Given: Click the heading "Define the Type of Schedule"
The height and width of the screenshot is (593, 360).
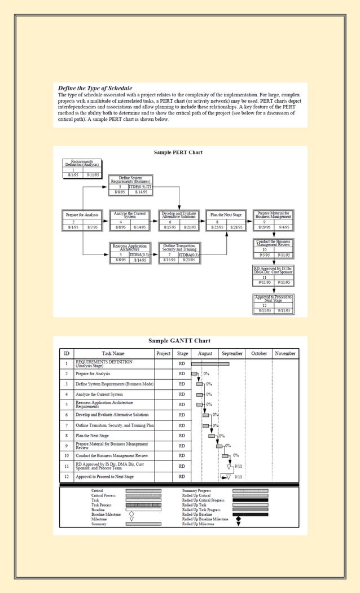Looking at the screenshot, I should [x=95, y=88].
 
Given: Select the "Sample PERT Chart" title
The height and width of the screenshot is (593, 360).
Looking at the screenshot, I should [x=178, y=152].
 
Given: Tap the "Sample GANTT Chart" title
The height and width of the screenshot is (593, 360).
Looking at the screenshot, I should [x=179, y=341].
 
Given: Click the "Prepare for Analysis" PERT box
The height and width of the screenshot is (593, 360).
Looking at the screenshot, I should [x=82, y=220].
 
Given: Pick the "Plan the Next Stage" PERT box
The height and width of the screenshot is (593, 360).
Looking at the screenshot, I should [x=226, y=220].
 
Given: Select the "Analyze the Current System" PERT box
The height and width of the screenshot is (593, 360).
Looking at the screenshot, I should [x=130, y=220].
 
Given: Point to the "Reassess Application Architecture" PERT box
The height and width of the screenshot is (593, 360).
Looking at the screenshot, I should [x=130, y=253].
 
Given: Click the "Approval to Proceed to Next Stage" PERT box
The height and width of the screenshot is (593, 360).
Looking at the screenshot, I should [x=273, y=304].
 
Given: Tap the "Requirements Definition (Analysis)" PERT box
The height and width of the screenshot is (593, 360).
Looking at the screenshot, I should [x=82, y=168].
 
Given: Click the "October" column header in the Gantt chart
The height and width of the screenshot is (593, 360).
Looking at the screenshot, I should [x=259, y=354].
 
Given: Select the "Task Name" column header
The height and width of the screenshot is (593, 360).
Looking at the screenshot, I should [x=113, y=354].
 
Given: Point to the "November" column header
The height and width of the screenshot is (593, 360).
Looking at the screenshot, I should [x=285, y=354].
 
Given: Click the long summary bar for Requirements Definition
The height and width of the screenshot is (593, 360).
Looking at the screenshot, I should [x=210, y=364].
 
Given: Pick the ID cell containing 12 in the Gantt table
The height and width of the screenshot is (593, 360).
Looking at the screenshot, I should [x=66, y=477].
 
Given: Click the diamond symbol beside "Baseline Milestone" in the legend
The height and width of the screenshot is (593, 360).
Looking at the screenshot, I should [x=131, y=514].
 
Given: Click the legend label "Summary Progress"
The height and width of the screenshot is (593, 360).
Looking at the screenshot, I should [x=196, y=491].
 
